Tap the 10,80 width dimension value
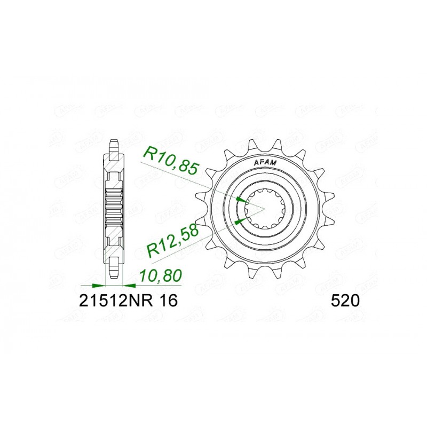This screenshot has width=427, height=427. click(161, 276)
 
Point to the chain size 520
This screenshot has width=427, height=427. click(345, 301)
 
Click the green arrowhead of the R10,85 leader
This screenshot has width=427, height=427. click(243, 200)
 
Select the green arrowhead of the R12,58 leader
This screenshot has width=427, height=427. click(240, 220)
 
